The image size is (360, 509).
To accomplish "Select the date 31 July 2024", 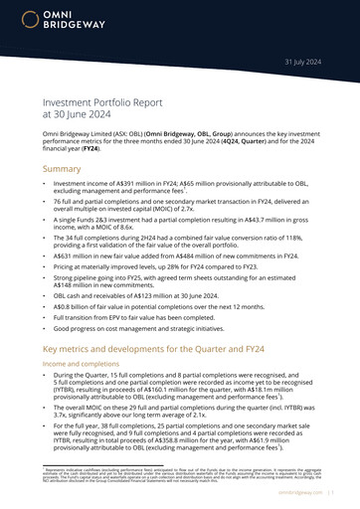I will pos(304,62).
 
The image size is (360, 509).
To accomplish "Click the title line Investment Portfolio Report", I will pos(109,101).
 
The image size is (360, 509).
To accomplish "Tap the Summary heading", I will pos(62,170).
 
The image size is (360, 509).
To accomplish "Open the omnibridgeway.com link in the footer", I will pos(302,490).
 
